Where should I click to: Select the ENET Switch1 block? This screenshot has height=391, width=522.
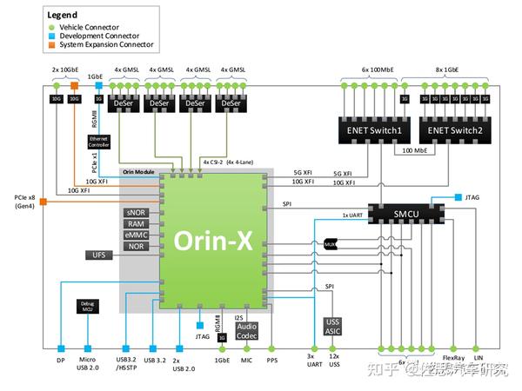(375, 130)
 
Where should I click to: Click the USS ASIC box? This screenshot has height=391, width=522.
(334, 327)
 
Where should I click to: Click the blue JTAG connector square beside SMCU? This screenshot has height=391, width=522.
(458, 198)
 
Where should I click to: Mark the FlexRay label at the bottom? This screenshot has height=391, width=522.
(452, 358)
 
